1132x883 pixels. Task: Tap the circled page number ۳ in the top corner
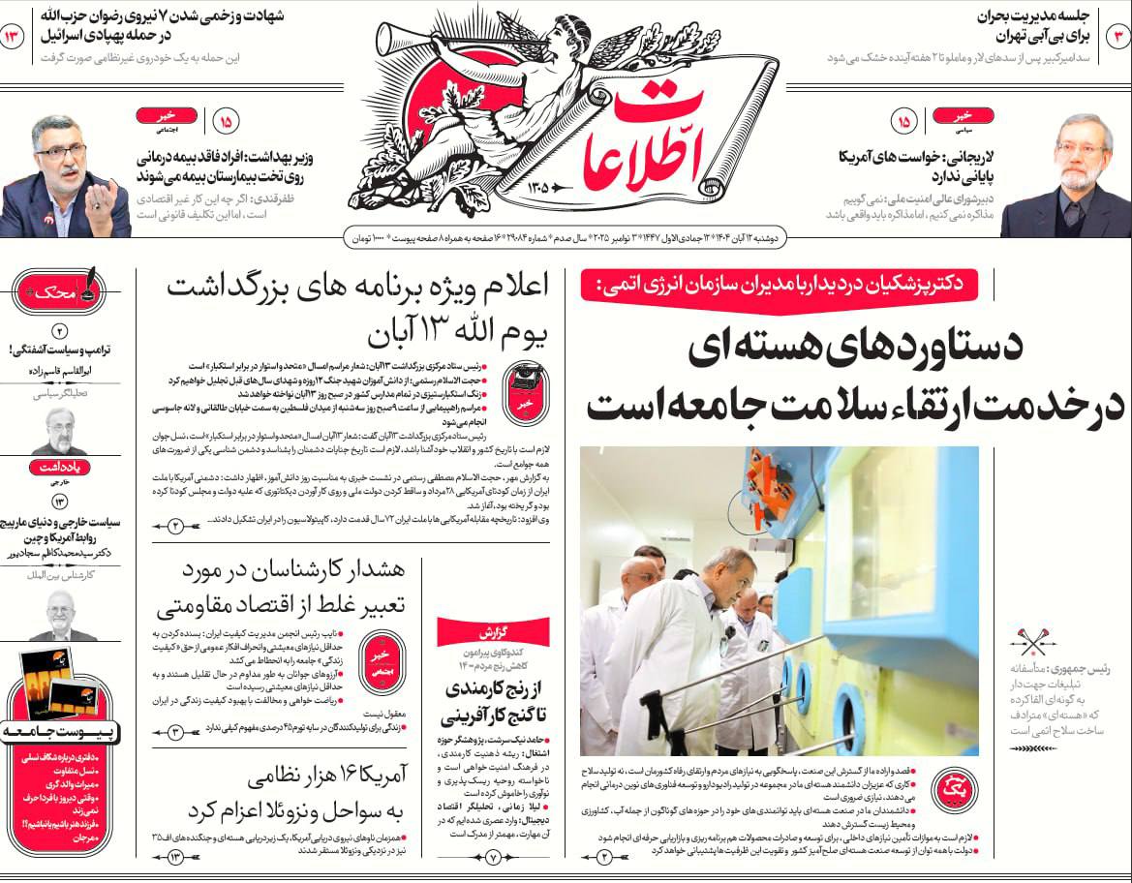(1117, 37)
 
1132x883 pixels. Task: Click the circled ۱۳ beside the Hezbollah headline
(15, 37)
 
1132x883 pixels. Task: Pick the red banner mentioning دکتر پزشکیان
(779, 286)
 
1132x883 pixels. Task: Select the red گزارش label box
(493, 632)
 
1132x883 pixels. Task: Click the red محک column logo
(60, 290)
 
